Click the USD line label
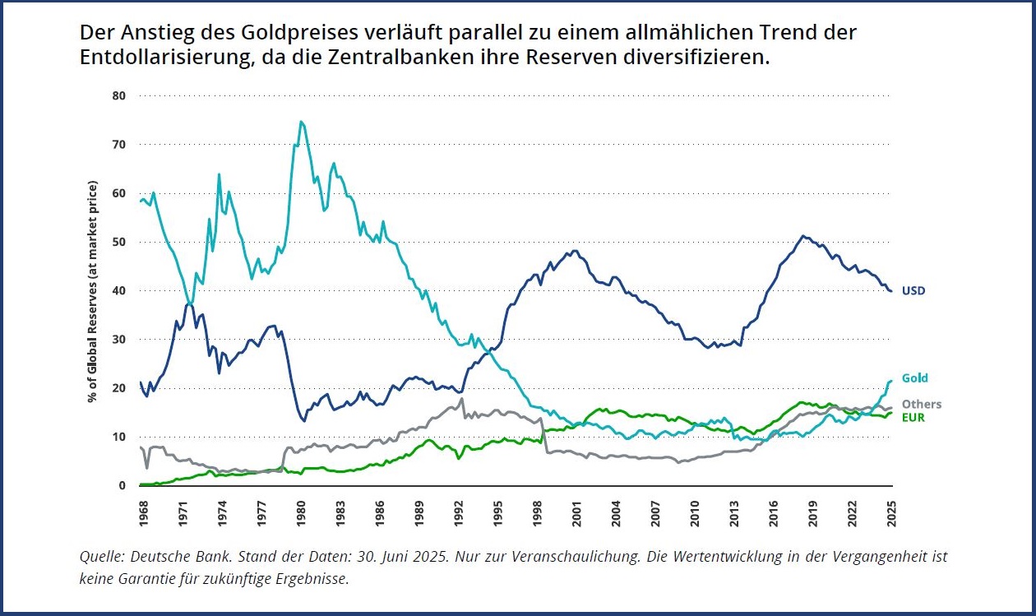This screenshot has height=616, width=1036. (x=913, y=290)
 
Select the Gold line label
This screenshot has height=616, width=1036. (x=914, y=378)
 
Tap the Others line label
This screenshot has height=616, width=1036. (x=922, y=405)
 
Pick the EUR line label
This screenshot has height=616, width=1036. (x=913, y=417)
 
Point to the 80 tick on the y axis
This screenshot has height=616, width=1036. (x=119, y=95)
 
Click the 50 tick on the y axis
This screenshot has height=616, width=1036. (x=119, y=242)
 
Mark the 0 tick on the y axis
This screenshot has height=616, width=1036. (x=123, y=485)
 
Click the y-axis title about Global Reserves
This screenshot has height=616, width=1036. (x=94, y=291)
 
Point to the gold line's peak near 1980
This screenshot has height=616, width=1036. (x=301, y=122)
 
